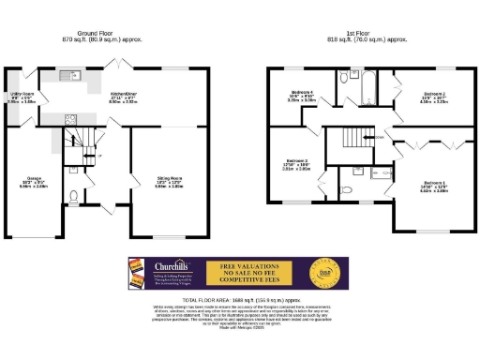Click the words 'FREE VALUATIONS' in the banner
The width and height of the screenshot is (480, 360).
(x=247, y=266)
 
